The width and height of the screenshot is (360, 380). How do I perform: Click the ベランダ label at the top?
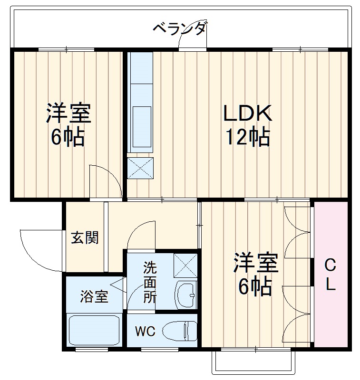(180, 28)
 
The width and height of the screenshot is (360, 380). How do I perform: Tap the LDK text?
(248, 114)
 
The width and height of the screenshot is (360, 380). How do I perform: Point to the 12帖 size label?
(248, 137)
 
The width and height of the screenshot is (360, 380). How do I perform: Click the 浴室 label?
(94, 297)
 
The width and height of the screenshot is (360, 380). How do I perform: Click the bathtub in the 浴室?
(94, 331)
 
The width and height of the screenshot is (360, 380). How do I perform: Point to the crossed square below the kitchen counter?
(141, 168)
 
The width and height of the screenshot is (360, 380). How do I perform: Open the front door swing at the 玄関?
(40, 249)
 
